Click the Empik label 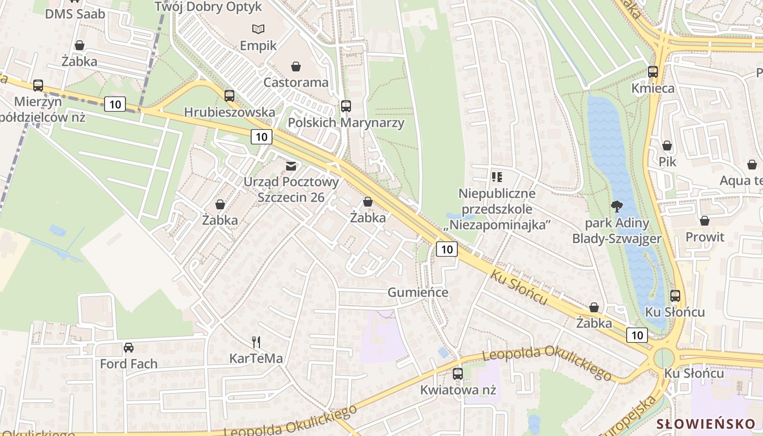(258, 46)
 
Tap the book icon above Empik (258, 28)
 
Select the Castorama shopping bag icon (296, 66)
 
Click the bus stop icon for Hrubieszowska (229, 96)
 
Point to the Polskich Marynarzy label (346, 123)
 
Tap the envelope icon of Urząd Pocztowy (292, 166)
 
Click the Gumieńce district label (418, 293)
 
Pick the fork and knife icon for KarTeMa (256, 342)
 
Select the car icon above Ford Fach (129, 347)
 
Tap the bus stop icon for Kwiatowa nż (458, 374)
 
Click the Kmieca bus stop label (653, 88)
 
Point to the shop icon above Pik (667, 146)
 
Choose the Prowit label (705, 237)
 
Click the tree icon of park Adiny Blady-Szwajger (616, 207)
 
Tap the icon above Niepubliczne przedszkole (496, 177)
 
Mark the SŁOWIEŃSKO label (706, 424)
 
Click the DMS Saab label (75, 14)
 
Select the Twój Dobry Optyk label (208, 7)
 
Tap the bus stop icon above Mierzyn (38, 86)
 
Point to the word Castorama (296, 83)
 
